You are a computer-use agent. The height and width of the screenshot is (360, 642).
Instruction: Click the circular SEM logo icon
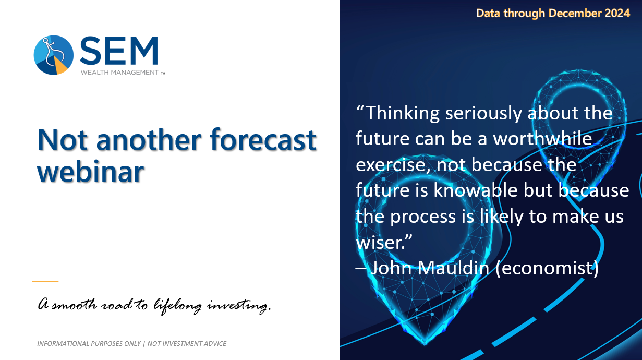[54, 55]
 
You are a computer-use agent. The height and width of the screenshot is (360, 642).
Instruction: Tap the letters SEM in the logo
[119, 52]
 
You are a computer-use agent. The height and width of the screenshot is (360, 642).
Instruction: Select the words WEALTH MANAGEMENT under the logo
[119, 73]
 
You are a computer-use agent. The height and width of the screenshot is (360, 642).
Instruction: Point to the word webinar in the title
[90, 171]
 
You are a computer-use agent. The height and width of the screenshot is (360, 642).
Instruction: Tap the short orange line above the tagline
[45, 282]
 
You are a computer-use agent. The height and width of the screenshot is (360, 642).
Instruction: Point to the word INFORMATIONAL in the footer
[64, 344]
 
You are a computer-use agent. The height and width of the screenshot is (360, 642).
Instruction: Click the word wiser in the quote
[381, 242]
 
